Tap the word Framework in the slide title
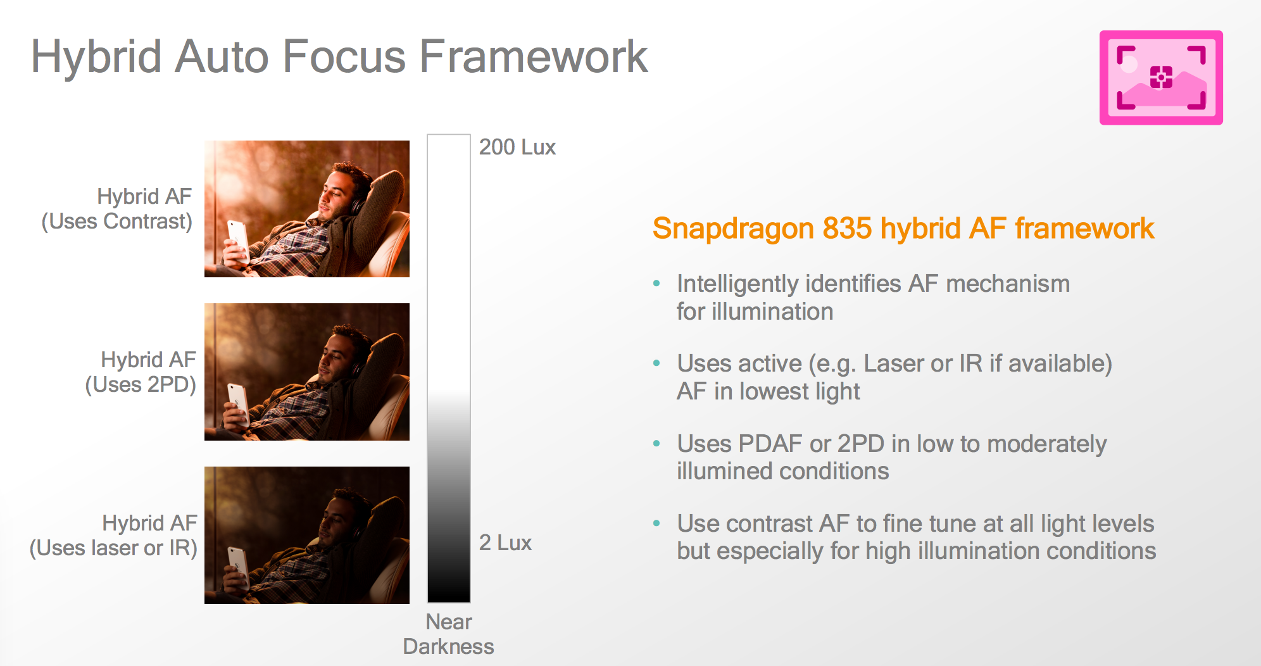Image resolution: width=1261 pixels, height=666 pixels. [x=534, y=57]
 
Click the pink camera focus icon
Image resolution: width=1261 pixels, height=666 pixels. [x=1161, y=77]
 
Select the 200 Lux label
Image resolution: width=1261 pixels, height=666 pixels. [x=517, y=147]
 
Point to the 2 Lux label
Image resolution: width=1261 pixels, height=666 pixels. [x=505, y=543]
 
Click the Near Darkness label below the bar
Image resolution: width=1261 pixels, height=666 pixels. [x=448, y=634]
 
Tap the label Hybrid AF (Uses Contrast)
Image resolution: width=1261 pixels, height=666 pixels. [x=117, y=209]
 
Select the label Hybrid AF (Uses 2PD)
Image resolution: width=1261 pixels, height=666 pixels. [x=141, y=372]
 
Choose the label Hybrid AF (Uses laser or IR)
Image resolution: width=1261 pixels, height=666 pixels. [x=114, y=536]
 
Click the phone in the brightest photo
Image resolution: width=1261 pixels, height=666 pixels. [x=238, y=241]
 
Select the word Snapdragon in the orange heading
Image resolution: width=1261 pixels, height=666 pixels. [x=733, y=229]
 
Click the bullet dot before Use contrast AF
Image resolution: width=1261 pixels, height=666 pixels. [x=657, y=524]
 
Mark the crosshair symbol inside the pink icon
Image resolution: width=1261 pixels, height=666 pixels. [x=1161, y=77]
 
